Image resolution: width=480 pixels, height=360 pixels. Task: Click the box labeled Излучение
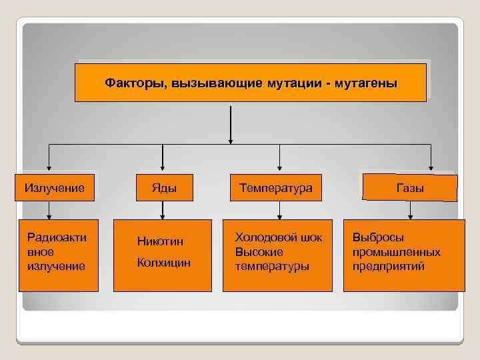pyautogui.click(x=55, y=188)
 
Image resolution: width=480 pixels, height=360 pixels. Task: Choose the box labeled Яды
pyautogui.click(x=164, y=188)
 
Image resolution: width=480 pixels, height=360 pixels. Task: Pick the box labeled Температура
pyautogui.click(x=280, y=188)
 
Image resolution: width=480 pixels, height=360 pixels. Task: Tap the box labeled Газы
pyautogui.click(x=410, y=188)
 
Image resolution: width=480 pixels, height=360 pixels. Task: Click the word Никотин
pyautogui.click(x=160, y=241)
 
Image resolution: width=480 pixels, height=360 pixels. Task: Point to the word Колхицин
pyautogui.click(x=163, y=263)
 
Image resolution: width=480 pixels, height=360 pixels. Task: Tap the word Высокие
pyautogui.click(x=259, y=252)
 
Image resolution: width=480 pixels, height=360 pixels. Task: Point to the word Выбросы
pyautogui.click(x=378, y=237)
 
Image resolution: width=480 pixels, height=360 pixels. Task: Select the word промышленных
pyautogui.click(x=396, y=252)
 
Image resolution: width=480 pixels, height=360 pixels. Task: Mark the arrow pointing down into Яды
pyautogui.click(x=164, y=158)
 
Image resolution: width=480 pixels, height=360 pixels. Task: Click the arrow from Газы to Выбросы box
pyautogui.click(x=410, y=210)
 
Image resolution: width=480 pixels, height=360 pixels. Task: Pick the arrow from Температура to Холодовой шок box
pyautogui.click(x=280, y=210)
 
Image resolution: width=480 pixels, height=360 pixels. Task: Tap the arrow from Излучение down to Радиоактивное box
pyautogui.click(x=50, y=210)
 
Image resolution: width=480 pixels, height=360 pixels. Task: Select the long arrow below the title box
pyautogui.click(x=231, y=123)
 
